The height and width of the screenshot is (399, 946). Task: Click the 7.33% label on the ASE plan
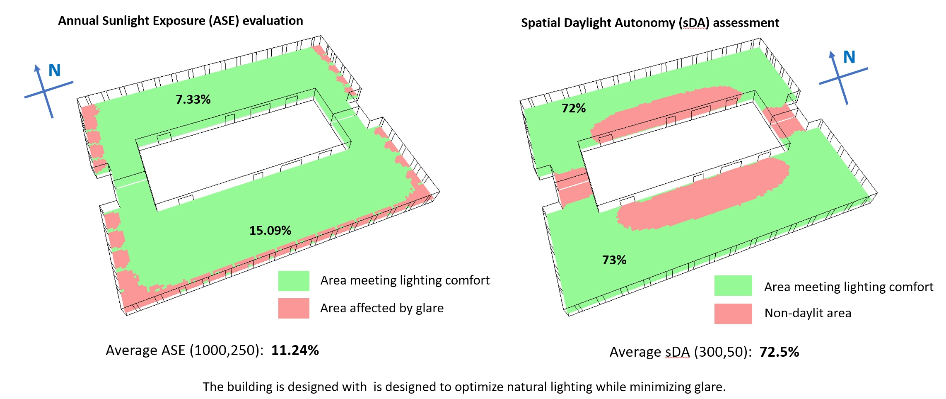coord(193,100)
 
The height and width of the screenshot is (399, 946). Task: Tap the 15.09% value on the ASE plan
coord(270,231)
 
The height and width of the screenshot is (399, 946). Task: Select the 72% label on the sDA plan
coord(574,108)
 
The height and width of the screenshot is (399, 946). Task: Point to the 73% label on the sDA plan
coord(614,260)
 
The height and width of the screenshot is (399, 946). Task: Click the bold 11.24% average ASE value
coord(295,350)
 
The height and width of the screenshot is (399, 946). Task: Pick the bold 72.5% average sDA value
coord(779,352)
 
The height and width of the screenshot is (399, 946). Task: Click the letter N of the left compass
coord(55,71)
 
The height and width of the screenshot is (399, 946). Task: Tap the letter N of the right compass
coord(849,57)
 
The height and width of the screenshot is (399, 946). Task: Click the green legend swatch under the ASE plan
coord(294,281)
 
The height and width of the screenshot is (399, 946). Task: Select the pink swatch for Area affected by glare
coord(294,308)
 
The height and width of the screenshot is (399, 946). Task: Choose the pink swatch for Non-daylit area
coord(733,314)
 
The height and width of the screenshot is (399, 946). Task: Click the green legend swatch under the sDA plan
coord(733,285)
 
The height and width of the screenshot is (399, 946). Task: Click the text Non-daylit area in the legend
coord(808,313)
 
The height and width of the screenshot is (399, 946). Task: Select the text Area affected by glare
coord(381,308)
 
